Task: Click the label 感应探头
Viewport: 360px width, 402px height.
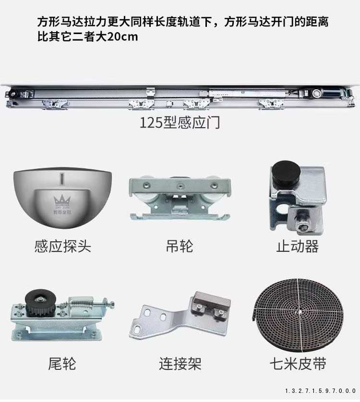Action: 62,247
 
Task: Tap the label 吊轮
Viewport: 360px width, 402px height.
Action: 180,247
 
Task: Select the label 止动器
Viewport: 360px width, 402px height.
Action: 297,247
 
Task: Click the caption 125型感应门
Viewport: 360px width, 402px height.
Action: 180,122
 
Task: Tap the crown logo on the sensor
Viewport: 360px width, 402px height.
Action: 61,200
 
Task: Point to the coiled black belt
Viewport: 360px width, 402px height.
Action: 297,317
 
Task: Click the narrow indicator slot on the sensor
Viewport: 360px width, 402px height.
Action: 61,179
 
